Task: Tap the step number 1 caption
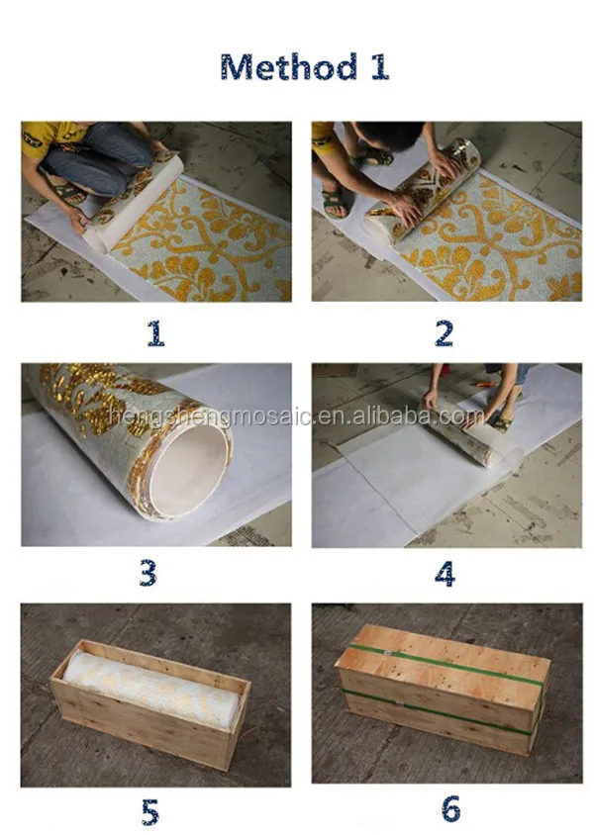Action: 155,333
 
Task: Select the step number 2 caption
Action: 445,333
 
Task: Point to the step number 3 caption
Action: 148,573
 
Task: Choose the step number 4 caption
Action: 445,573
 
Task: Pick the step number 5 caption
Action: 149,812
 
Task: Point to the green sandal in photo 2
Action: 334,204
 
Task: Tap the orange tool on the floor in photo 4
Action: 484,381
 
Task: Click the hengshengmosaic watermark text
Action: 297,417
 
